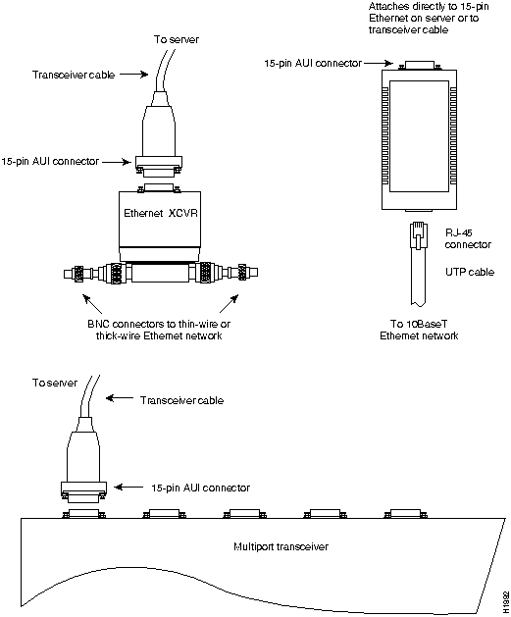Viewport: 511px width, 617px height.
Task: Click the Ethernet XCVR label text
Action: pyautogui.click(x=161, y=213)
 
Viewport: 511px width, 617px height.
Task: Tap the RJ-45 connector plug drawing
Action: pyautogui.click(x=419, y=235)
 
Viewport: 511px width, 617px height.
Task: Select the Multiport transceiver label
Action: pyautogui.click(x=281, y=546)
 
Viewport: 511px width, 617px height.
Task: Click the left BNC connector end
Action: pyautogui.click(x=77, y=273)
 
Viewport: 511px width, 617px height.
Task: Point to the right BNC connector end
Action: pyautogui.click(x=244, y=273)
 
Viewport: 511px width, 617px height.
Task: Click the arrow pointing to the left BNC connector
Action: pyautogui.click(x=92, y=304)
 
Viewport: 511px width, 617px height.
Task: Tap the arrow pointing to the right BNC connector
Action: pyautogui.click(x=229, y=304)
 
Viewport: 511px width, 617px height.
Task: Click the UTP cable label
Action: pyautogui.click(x=470, y=272)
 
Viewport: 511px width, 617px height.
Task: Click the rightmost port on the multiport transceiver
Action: pyautogui.click(x=405, y=513)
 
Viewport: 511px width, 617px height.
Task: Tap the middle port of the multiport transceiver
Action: pyautogui.click(x=244, y=513)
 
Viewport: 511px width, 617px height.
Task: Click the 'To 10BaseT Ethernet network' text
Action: pyautogui.click(x=419, y=330)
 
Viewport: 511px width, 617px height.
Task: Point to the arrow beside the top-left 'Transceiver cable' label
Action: pyautogui.click(x=133, y=74)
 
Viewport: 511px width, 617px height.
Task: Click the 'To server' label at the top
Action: pyautogui.click(x=177, y=39)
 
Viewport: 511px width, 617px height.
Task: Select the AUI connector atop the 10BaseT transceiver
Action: pyautogui.click(x=418, y=66)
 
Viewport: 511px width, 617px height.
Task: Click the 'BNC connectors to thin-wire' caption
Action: pyautogui.click(x=159, y=324)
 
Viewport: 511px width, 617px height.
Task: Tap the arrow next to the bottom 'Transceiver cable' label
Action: pyautogui.click(x=120, y=398)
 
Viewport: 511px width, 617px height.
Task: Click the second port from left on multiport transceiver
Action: pyautogui.click(x=165, y=513)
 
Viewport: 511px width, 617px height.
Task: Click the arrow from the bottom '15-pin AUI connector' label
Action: pyautogui.click(x=128, y=488)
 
